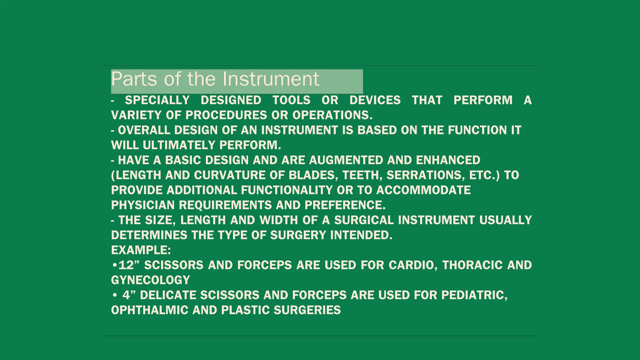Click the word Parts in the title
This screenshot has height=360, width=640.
click(x=134, y=79)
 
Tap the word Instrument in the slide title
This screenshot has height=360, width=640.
click(x=271, y=79)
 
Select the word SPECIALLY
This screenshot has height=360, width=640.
click(x=157, y=100)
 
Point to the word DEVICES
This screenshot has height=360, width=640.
click(x=375, y=100)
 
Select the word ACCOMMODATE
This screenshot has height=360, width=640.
click(x=423, y=190)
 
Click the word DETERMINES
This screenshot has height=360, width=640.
click(x=149, y=235)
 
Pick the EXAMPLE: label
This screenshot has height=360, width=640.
click(x=141, y=250)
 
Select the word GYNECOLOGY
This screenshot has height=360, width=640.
click(x=150, y=280)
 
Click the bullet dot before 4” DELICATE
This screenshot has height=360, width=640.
click(x=115, y=295)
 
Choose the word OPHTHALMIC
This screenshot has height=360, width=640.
click(x=150, y=310)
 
